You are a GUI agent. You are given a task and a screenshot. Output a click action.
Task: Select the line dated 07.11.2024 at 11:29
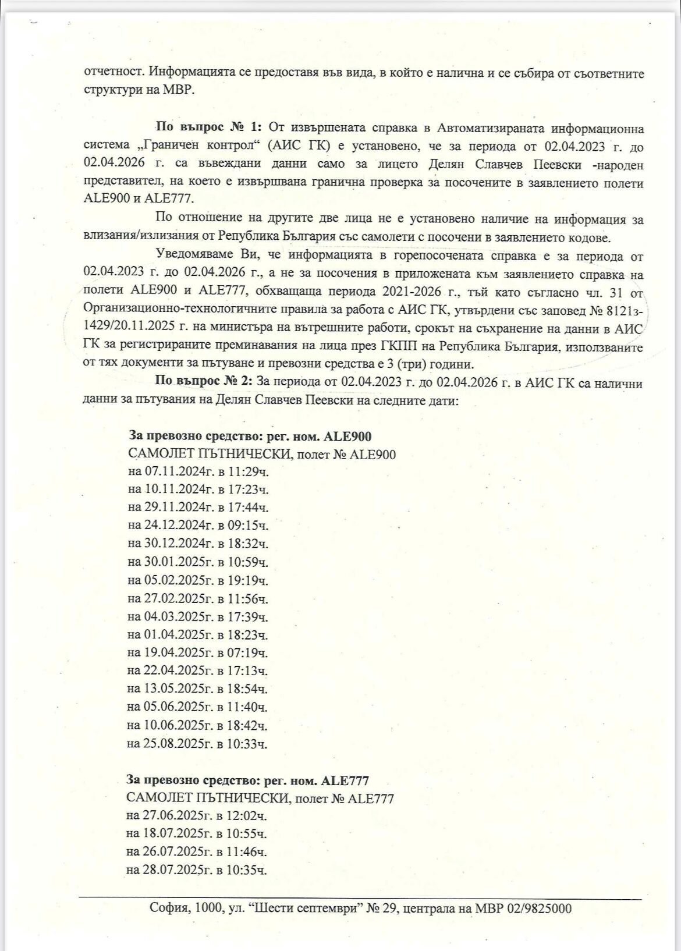pyautogui.click(x=198, y=471)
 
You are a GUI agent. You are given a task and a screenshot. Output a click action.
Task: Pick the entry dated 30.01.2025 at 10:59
pyautogui.click(x=198, y=562)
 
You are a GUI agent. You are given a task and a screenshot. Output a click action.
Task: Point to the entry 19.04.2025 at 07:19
pyautogui.click(x=198, y=652)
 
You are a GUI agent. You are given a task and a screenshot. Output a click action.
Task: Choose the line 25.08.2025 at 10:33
pyautogui.click(x=198, y=743)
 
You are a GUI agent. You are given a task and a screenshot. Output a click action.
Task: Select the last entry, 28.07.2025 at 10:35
pyautogui.click(x=197, y=870)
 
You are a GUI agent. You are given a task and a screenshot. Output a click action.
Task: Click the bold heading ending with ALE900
pyautogui.click(x=249, y=436)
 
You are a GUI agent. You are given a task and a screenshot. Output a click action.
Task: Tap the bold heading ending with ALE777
pyautogui.click(x=247, y=780)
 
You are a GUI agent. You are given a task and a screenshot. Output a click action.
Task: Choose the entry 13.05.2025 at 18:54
pyautogui.click(x=198, y=689)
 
